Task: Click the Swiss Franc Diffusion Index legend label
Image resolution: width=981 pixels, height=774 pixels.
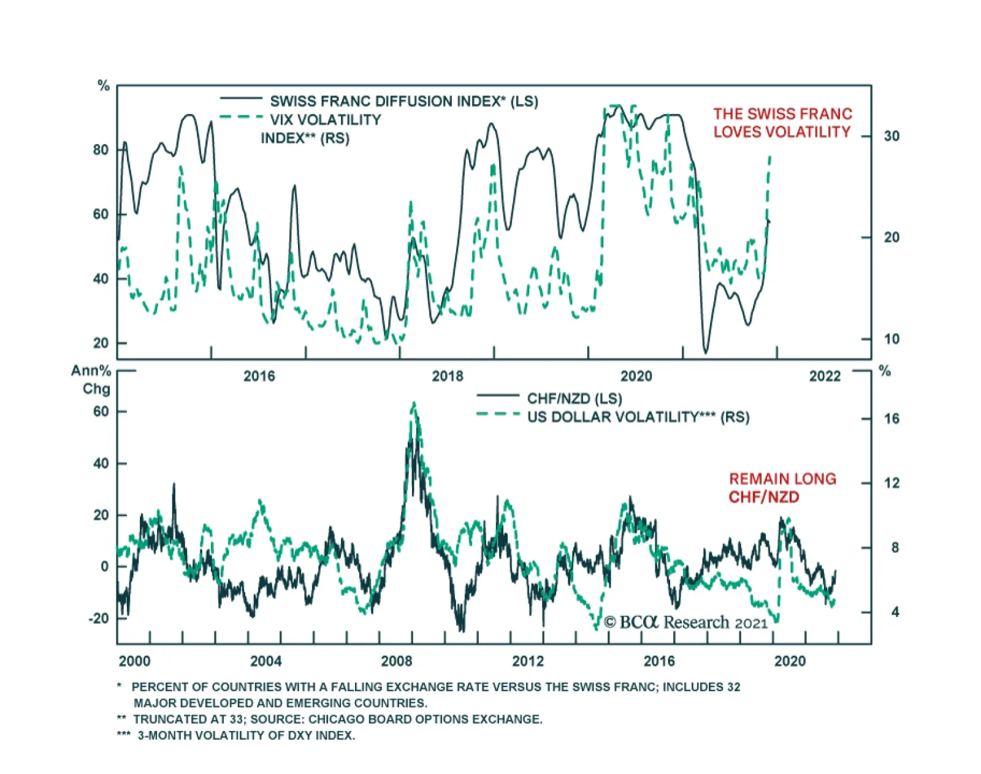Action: (x=404, y=101)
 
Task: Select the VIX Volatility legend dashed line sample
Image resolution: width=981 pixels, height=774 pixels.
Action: (x=241, y=117)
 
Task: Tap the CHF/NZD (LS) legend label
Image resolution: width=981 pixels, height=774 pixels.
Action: (x=574, y=398)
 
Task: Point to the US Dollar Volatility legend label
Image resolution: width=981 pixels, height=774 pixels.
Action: (x=638, y=417)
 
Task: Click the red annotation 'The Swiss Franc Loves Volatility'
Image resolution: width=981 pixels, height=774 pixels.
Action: (x=782, y=123)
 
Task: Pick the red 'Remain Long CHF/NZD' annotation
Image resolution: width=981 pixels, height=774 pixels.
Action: (x=782, y=488)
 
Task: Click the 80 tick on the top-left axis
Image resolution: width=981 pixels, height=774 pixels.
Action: (x=101, y=150)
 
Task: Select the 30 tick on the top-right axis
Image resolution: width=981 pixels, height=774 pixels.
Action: (x=891, y=136)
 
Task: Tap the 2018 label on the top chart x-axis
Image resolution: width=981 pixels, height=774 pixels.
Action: (x=448, y=376)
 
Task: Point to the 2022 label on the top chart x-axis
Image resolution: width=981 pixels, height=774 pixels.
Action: (x=825, y=376)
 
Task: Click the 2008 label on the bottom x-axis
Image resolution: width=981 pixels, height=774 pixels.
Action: (x=397, y=661)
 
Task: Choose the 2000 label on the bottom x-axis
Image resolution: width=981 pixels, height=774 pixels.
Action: (x=134, y=661)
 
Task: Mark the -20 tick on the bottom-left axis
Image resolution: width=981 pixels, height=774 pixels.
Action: (x=98, y=618)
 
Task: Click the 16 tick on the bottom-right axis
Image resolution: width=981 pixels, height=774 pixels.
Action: (x=891, y=419)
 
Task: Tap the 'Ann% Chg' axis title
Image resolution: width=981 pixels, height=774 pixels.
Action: (x=92, y=380)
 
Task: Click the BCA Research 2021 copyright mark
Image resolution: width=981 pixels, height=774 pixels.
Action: (x=685, y=623)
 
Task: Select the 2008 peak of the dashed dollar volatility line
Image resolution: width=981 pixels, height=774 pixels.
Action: (x=414, y=403)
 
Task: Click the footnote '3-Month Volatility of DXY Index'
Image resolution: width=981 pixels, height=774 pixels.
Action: (x=246, y=735)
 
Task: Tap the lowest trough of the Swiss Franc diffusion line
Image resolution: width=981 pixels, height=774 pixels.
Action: (x=705, y=352)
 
